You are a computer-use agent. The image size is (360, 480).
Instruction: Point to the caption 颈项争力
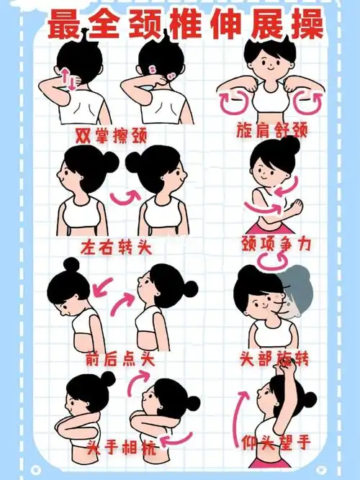pyautogui.click(x=276, y=245)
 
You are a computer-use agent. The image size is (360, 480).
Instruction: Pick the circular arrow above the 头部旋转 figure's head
pyautogui.click(x=274, y=266)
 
